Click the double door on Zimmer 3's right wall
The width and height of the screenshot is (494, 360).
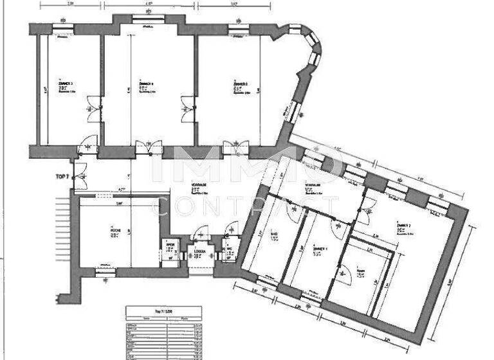pos(93,106)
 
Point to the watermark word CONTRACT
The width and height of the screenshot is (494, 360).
pos(244,206)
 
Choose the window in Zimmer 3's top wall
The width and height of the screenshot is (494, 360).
pos(63,27)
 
